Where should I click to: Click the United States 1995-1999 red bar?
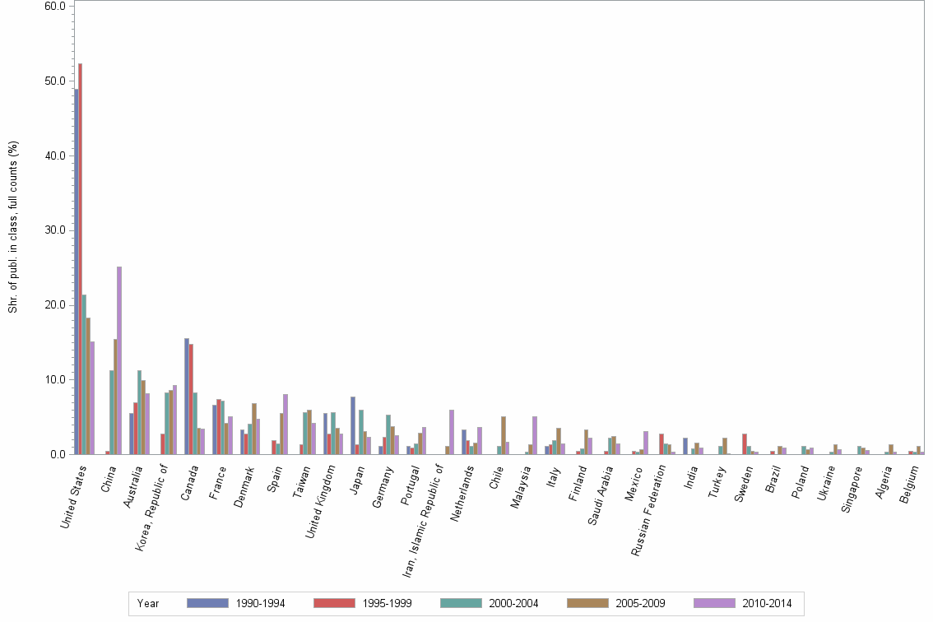point(81,258)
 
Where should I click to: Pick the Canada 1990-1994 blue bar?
point(187,396)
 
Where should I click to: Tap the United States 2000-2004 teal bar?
point(84,374)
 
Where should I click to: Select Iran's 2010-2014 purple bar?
point(452,432)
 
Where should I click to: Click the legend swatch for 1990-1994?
point(207,603)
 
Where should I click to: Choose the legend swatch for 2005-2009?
point(587,603)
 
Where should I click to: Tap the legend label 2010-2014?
point(767,604)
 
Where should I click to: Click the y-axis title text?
point(13,227)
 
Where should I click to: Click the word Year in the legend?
point(148,604)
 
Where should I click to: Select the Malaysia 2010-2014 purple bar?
point(535,435)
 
